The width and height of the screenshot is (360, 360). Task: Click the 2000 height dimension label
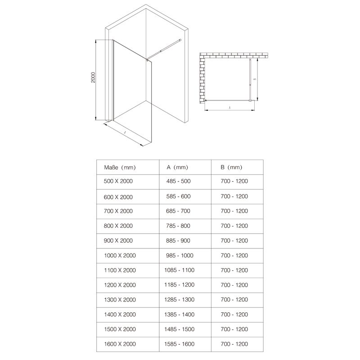pos(92,78)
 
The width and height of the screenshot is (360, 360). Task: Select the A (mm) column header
pos(177,167)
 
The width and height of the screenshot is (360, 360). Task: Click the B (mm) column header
pos(231,167)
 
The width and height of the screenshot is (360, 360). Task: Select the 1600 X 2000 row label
pos(120,344)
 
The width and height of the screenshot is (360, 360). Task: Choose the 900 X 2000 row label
pos(118,240)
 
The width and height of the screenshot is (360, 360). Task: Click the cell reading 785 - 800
pos(178,225)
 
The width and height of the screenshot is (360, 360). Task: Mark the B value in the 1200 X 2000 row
pos(234,285)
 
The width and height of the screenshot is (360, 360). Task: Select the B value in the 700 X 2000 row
pos(234,211)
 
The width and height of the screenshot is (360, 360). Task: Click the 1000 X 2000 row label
pos(120,255)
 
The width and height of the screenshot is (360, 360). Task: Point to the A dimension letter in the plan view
pos(230,108)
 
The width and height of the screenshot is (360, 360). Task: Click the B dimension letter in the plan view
pos(254,79)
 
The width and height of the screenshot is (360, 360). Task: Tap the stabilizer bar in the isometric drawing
pos(166,48)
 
